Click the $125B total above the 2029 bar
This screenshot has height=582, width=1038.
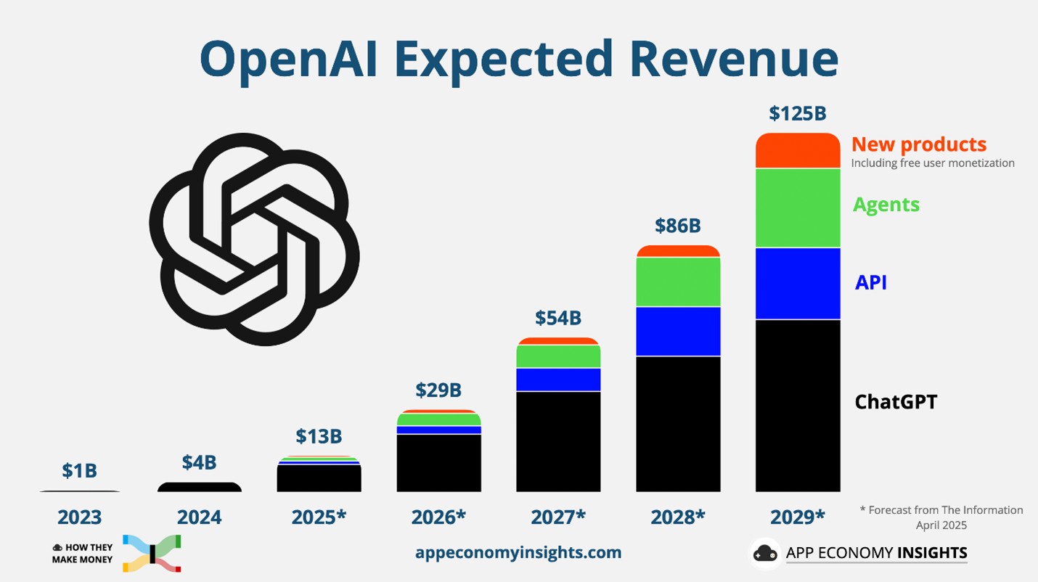[x=797, y=114]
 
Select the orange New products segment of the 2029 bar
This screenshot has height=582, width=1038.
[x=797, y=151]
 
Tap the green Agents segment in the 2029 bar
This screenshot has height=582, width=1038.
[x=797, y=208]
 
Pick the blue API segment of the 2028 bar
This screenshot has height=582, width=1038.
[x=678, y=332]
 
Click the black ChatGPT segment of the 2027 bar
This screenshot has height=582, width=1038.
[x=558, y=441]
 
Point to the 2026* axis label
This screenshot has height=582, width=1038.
[x=438, y=517]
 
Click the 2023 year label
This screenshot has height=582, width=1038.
[x=79, y=517]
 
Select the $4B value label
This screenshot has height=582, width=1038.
[x=199, y=462]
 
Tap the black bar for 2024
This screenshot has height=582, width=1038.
[x=199, y=488]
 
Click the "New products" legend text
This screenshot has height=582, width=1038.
[x=918, y=144]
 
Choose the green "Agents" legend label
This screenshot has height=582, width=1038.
[x=886, y=205]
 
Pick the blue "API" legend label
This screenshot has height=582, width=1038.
[x=870, y=282]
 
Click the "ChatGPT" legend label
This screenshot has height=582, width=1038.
[x=896, y=401]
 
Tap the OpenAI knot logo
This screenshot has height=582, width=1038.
[x=254, y=239]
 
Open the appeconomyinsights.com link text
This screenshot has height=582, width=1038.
[x=518, y=552]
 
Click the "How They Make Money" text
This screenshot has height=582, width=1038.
[x=83, y=554]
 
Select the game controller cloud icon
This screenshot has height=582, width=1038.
[x=765, y=554]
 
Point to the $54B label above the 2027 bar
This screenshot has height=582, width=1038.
[x=558, y=318]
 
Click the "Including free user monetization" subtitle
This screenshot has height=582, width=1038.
[x=933, y=163]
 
